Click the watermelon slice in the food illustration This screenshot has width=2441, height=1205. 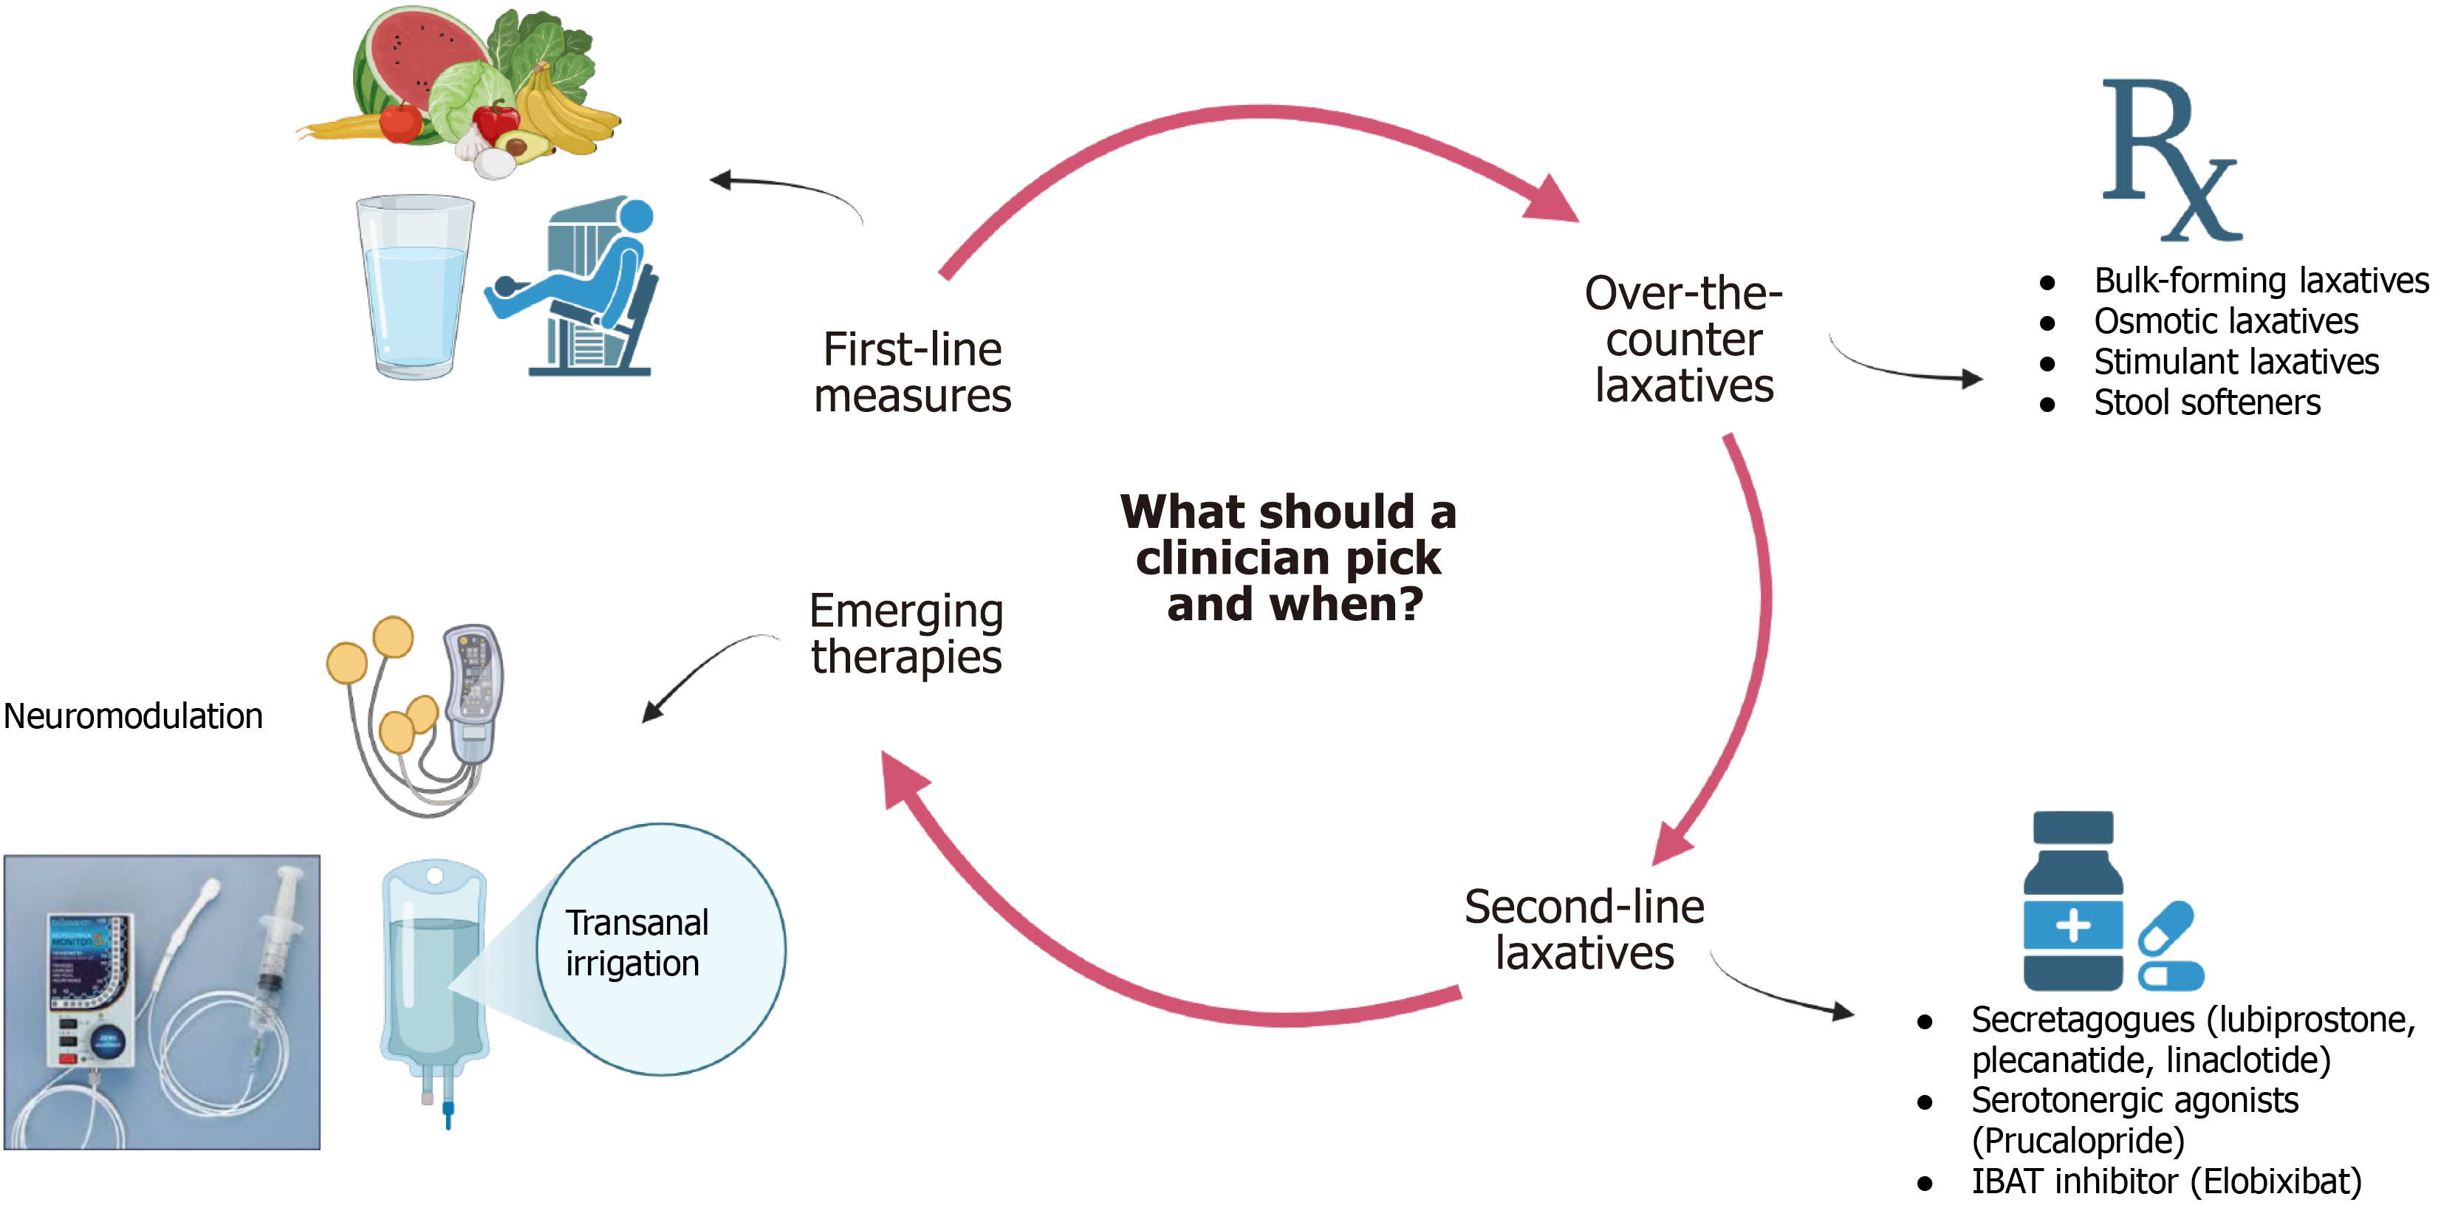pyautogui.click(x=417, y=66)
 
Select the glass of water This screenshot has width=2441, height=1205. pyautogui.click(x=414, y=287)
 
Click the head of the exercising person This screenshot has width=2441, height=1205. pyautogui.click(x=636, y=217)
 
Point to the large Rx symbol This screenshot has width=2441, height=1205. pyautogui.click(x=2170, y=159)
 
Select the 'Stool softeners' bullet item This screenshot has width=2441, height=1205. pyautogui.click(x=2207, y=402)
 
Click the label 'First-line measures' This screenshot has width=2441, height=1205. pyautogui.click(x=913, y=372)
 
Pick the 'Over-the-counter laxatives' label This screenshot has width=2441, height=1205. pyautogui.click(x=1684, y=339)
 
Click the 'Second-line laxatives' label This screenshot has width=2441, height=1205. pyautogui.click(x=1584, y=930)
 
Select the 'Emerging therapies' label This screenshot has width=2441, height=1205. pyautogui.click(x=907, y=634)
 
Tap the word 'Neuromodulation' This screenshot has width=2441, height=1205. pyautogui.click(x=134, y=716)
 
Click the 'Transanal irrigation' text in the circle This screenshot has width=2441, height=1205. pyautogui.click(x=637, y=943)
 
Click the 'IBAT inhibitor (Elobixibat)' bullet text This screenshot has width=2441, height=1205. pyautogui.click(x=2166, y=1181)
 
